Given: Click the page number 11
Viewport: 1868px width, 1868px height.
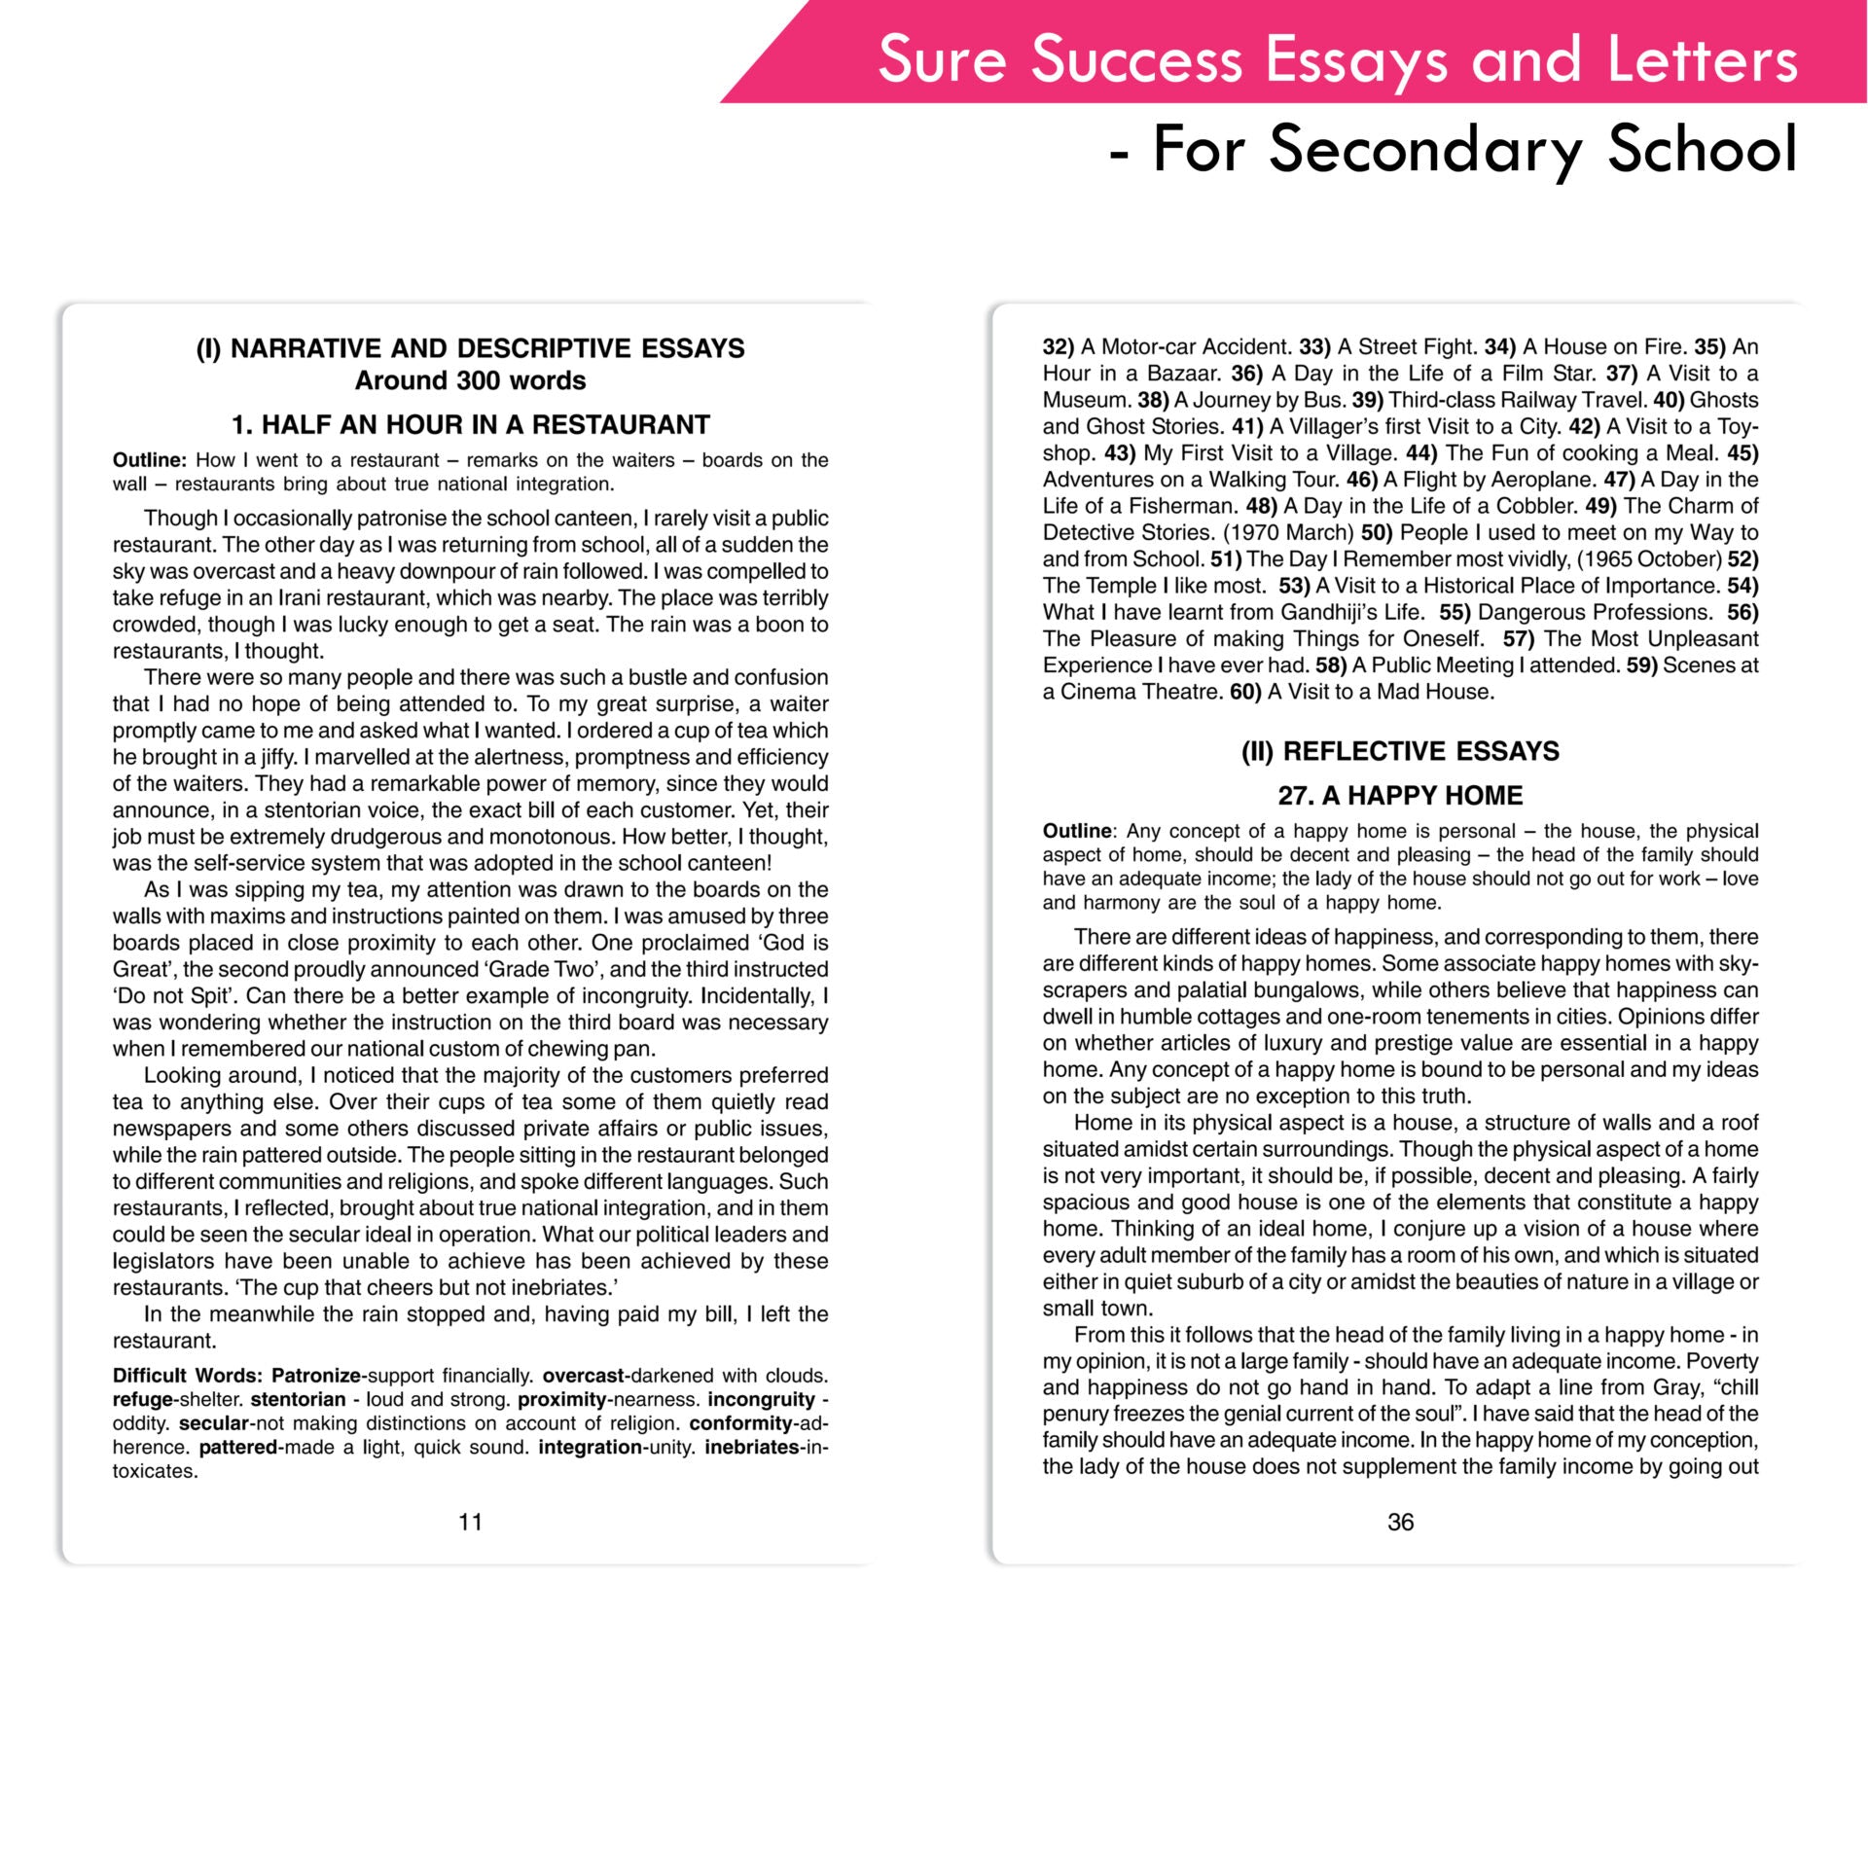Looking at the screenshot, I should (x=470, y=1522).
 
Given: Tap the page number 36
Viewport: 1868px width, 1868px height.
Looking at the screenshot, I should (x=1400, y=1522).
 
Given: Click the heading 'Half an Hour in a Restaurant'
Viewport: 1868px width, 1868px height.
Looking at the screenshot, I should (x=470, y=424).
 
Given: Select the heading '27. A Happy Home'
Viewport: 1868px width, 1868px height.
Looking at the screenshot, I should (x=1400, y=795).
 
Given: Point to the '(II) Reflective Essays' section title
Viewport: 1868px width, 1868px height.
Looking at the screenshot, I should (x=1400, y=751).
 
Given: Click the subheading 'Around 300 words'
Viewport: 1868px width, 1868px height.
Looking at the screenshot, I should (x=470, y=380).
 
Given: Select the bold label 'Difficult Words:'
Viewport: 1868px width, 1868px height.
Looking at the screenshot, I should (x=188, y=1375).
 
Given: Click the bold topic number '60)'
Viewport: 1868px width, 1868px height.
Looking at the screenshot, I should (x=1245, y=692).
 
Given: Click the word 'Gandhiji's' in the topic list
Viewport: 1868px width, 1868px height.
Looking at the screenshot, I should (x=1328, y=612).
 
